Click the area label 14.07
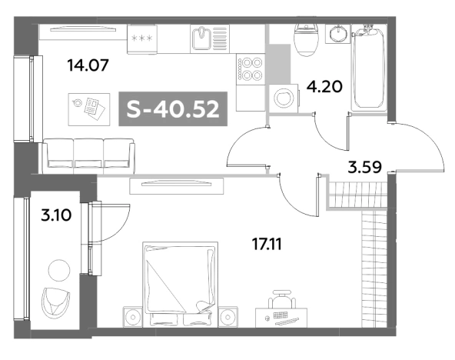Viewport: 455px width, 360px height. pos(88,65)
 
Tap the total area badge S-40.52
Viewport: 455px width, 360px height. pos(173,109)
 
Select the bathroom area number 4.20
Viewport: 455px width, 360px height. pos(324,86)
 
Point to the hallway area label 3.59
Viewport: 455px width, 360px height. pos(364,167)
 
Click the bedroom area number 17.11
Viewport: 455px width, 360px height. pos(267,245)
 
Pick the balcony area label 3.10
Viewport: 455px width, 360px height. pos(56,215)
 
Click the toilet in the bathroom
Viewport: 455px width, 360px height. pos(307,40)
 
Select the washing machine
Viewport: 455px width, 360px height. pos(284,98)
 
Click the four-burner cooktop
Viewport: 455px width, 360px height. pos(251,69)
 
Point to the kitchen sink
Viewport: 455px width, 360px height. pos(210,38)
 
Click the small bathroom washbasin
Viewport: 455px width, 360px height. pos(337,34)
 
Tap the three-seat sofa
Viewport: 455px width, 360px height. pos(88,156)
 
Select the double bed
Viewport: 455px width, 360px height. pos(180,285)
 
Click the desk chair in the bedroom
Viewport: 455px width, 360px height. pos(281,299)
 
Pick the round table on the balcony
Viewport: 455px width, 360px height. pos(59,271)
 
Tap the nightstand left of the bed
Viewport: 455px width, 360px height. pos(133,317)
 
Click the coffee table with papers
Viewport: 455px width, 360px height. pos(89,109)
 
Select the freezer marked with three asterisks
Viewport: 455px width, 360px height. pos(142,39)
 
